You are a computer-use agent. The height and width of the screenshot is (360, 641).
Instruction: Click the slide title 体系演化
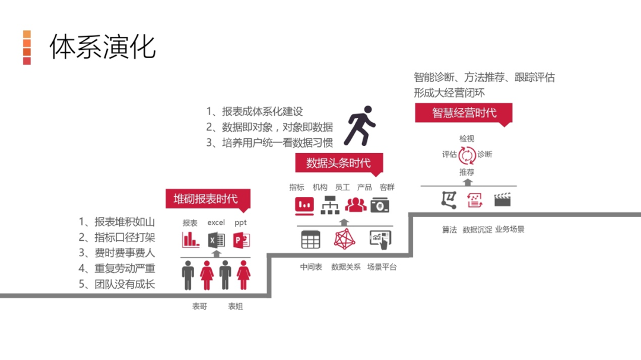coord(102,46)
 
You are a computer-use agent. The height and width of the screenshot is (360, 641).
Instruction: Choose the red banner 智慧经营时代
coord(464,113)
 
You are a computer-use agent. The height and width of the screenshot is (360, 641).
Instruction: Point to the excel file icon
coord(216,240)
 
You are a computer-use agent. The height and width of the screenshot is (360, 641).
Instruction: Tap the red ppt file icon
coord(241,240)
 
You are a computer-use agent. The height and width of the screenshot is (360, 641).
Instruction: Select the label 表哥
coord(199,307)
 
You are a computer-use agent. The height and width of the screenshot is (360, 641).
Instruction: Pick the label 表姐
coord(236,307)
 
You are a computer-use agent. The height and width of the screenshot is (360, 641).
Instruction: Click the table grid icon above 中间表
coord(310,239)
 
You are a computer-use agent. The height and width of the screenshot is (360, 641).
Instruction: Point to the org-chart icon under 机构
coord(329,205)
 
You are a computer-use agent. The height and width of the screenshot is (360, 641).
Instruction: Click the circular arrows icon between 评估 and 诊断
coord(467,155)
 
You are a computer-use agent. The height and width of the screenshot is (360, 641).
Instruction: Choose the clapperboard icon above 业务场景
coord(502,199)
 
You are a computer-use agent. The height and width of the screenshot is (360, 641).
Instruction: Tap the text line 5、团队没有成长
coord(117,284)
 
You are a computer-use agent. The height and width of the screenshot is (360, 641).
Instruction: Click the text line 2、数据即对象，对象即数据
coord(269,127)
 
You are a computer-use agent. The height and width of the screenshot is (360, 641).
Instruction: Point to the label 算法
coord(449,230)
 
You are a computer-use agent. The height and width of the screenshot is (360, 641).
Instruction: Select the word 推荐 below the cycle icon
coord(467,172)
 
